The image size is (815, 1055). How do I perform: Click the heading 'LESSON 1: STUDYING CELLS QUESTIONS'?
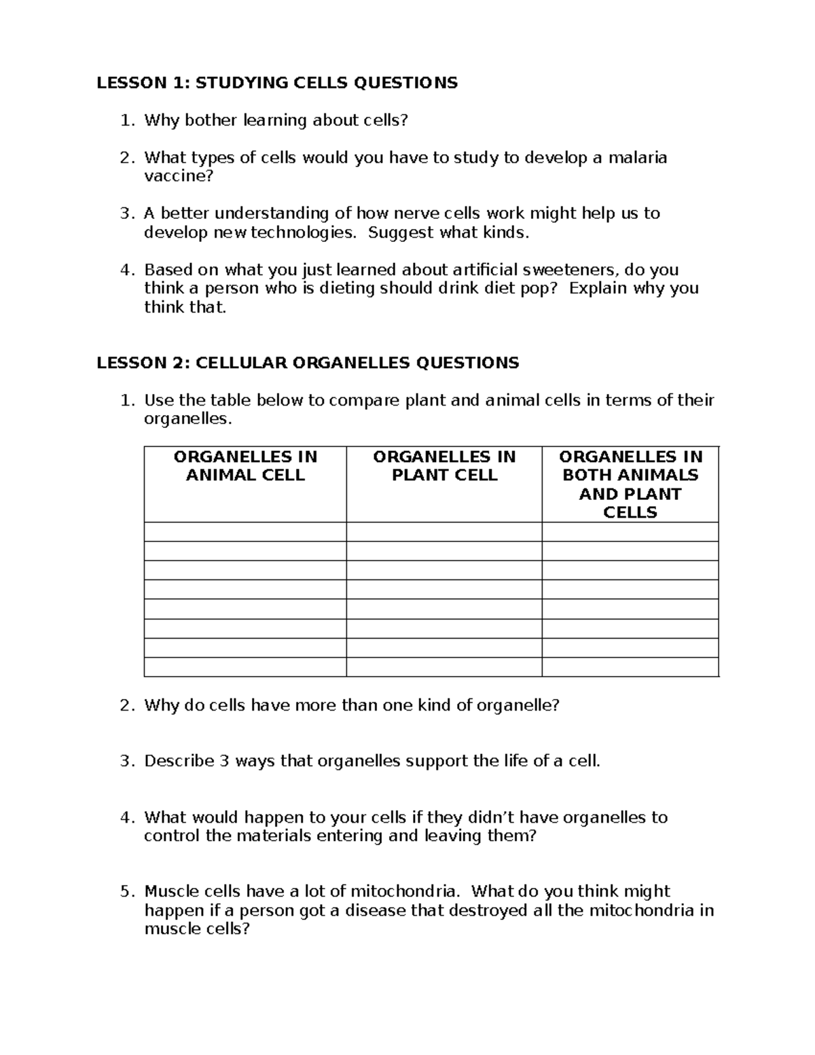[277, 83]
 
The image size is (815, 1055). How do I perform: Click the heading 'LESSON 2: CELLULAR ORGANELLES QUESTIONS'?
[308, 363]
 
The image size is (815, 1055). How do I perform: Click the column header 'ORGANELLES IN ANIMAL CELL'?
[245, 466]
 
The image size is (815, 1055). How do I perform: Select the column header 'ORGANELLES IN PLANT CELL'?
[444, 466]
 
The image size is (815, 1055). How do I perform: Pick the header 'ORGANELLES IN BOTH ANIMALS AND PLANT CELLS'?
[630, 484]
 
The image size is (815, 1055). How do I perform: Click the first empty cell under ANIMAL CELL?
[245, 532]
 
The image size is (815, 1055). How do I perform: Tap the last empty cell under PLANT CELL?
[444, 667]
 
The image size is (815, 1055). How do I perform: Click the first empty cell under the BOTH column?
[630, 532]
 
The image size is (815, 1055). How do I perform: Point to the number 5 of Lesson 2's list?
[125, 891]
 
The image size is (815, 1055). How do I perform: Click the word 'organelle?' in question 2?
[518, 705]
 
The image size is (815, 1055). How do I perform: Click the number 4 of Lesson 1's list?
[125, 270]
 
